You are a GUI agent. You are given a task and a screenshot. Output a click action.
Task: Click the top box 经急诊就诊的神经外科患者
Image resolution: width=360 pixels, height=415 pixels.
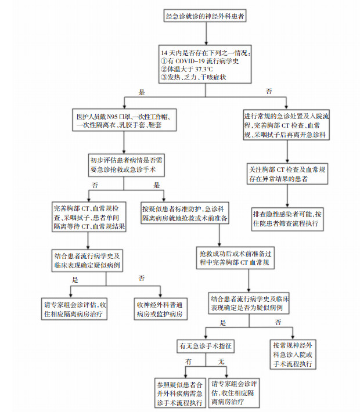pyautogui.click(x=204, y=17)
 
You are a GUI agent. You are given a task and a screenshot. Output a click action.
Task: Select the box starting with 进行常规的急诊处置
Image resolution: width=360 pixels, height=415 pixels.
pyautogui.click(x=287, y=125)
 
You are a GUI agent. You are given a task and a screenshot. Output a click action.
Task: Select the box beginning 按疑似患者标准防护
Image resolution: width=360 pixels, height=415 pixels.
pyautogui.click(x=184, y=214)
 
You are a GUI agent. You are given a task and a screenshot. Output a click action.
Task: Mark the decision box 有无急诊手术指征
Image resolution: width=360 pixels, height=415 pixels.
pyautogui.click(x=206, y=346)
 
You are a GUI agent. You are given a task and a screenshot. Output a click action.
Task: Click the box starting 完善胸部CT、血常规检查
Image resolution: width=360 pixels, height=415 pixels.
pyautogui.click(x=89, y=218)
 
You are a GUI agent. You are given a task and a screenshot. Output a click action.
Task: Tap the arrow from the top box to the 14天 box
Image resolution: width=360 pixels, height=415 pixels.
pyautogui.click(x=204, y=34)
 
